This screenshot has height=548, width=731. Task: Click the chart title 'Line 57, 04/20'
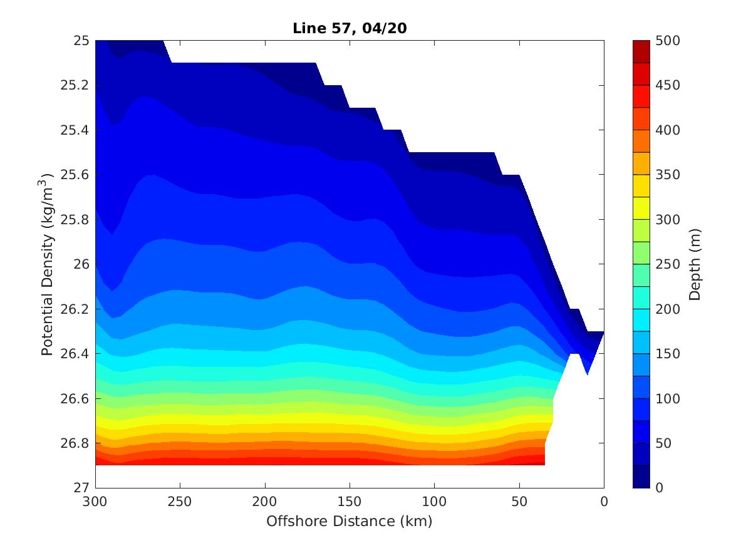pos(350,28)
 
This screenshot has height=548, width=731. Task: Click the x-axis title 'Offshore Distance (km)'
pos(350,521)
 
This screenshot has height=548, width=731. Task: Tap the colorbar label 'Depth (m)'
pos(695,264)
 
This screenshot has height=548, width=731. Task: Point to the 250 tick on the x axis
pos(180,502)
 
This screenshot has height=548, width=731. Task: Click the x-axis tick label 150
pos(350,502)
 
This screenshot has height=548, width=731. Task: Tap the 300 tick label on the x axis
pos(95,502)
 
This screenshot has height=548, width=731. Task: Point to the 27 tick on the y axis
pos(81,488)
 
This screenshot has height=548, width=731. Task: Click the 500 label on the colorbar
pos(668,41)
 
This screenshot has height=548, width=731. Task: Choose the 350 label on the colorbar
pos(668,175)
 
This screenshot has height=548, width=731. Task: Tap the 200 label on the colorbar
pos(668,309)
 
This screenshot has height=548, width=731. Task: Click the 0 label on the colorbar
pos(659,488)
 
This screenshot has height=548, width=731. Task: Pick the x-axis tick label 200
pos(265,502)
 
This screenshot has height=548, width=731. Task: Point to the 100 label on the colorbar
pos(668,398)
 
